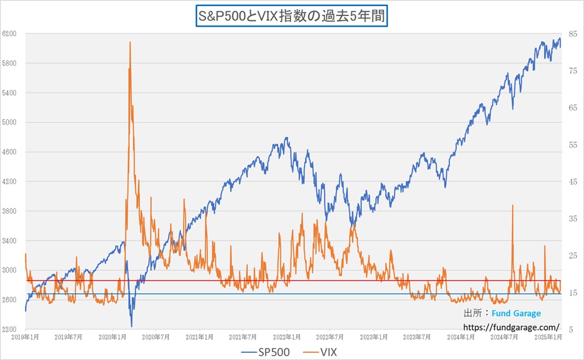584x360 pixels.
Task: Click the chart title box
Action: (292, 16)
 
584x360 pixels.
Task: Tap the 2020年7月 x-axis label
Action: (156, 337)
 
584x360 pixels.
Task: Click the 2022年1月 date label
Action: (286, 337)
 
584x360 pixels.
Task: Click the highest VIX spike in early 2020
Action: (130, 42)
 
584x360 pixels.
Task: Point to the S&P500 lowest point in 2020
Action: (131, 326)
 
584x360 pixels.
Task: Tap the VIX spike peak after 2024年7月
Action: (512, 206)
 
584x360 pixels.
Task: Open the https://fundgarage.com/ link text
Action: (511, 327)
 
